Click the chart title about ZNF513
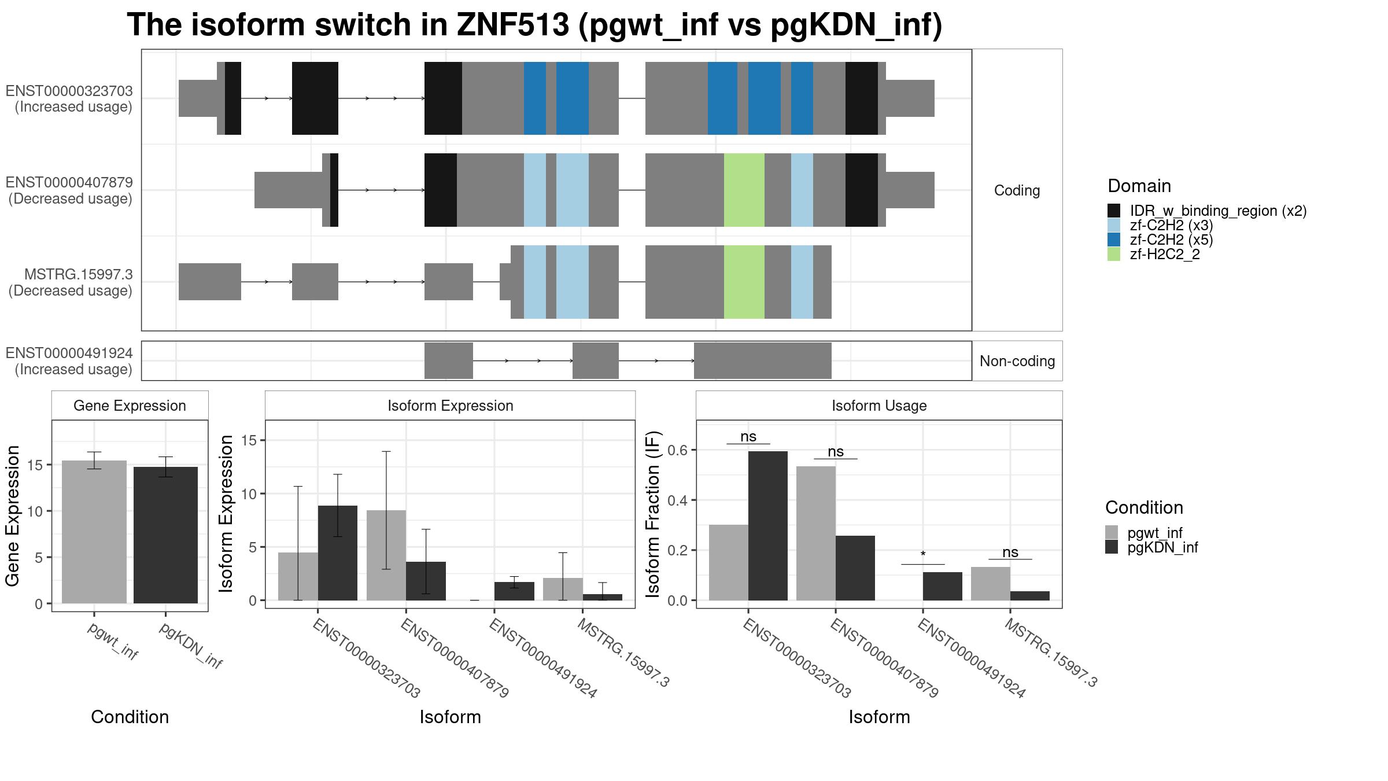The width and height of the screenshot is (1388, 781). coord(534,25)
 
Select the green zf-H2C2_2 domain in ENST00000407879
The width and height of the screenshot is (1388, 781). coord(744,190)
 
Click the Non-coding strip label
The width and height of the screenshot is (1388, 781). coord(1017,361)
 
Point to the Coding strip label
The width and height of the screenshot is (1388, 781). coord(1017,190)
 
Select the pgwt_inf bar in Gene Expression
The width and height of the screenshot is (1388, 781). coord(94,532)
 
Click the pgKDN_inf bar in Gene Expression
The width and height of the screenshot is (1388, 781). coord(165,535)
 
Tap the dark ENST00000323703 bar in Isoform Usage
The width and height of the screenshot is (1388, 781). coord(768,526)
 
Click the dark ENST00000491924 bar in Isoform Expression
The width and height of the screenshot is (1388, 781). coord(514,591)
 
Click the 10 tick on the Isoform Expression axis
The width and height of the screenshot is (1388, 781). coord(249,493)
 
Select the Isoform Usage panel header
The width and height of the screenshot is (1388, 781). coord(879,406)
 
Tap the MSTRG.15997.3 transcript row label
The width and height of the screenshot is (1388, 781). coord(70,282)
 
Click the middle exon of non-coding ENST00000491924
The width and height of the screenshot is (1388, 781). coord(596,361)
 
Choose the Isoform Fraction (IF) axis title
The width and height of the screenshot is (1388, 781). coord(653,514)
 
